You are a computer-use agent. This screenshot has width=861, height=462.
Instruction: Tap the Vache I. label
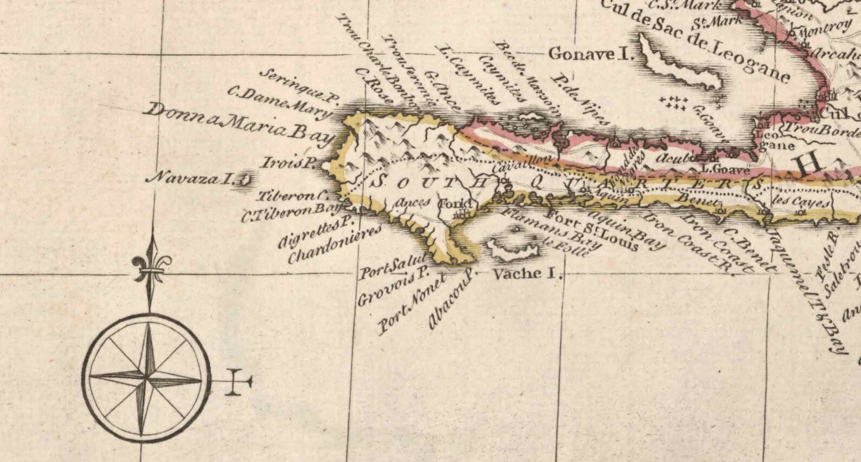[x=524, y=274]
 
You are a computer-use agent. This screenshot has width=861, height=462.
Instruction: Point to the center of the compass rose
[x=147, y=378]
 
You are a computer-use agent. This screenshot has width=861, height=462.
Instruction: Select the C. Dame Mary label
[x=279, y=101]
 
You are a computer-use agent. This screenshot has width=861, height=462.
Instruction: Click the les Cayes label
[x=800, y=202]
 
